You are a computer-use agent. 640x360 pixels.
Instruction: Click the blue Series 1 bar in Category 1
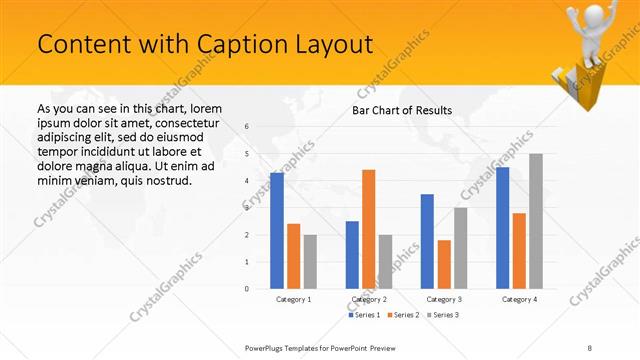coord(277,231)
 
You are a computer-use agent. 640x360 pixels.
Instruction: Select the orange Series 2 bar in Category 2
coord(368,229)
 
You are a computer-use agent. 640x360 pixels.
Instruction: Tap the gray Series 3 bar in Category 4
coord(536,221)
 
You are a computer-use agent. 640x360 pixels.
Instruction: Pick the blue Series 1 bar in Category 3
coord(427,241)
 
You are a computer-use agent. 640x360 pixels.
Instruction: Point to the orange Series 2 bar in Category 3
coord(444,264)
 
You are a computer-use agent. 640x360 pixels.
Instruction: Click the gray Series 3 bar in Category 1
coord(310,262)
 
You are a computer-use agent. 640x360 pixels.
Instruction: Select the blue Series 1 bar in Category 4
coord(502,228)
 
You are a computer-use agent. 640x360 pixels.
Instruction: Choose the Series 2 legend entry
coord(404,315)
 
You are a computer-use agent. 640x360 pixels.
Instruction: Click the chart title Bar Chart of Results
coord(402,110)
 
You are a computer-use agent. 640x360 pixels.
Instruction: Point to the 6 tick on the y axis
coord(247,127)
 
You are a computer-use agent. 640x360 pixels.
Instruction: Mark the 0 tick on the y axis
coord(247,289)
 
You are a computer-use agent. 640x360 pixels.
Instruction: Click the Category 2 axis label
coord(368,299)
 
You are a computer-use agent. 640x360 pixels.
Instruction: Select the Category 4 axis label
coord(519,299)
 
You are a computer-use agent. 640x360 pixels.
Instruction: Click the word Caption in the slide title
coord(210,45)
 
